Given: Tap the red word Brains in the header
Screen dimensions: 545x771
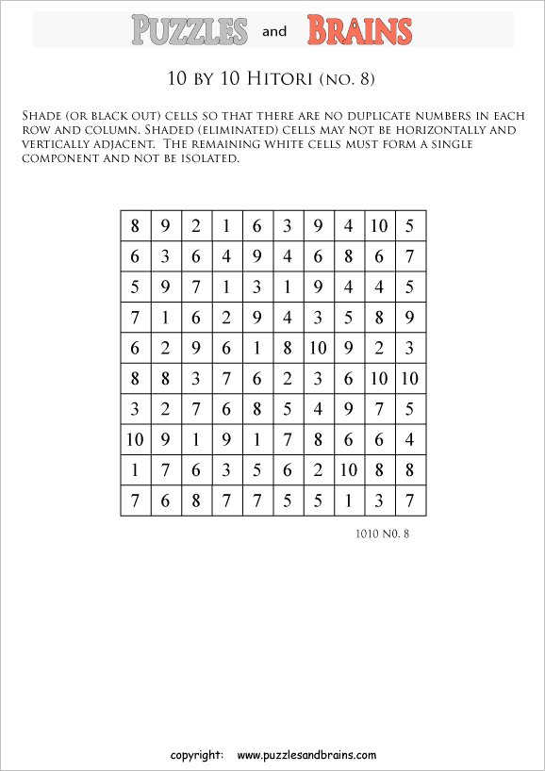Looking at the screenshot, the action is [359, 31].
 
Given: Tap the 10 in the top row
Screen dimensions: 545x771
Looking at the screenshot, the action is [379, 226].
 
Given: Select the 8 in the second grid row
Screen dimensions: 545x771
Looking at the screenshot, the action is [349, 257].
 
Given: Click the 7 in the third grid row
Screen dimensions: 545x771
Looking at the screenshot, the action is [196, 287].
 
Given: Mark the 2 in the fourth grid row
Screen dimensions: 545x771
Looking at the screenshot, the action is [226, 318].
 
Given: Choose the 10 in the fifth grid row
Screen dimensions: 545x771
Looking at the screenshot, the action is [318, 349].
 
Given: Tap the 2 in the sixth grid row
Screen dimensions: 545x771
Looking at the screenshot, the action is [288, 379].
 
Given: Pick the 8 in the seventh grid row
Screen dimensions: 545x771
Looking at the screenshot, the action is [257, 409].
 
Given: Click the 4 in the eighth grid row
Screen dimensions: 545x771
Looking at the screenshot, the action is [409, 439].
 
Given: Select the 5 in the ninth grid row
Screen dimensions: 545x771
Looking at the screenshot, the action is [257, 469].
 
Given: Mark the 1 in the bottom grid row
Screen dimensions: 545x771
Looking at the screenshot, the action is [349, 500].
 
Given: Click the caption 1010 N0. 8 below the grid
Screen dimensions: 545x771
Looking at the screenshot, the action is [383, 534].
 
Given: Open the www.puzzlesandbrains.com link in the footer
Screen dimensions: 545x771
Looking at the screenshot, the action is [306, 755].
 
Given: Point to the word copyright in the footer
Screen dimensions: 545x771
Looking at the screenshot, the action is [196, 755].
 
